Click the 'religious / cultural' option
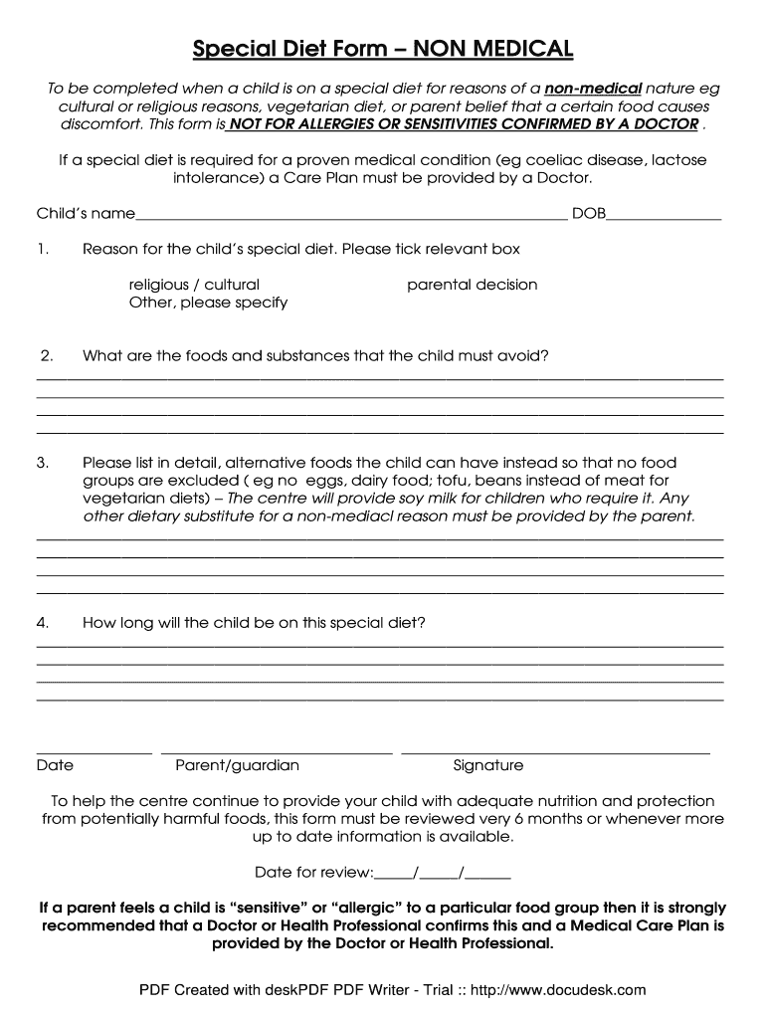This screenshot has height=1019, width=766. click(x=194, y=285)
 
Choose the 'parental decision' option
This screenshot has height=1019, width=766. click(x=472, y=285)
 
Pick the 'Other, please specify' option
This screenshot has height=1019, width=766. click(x=208, y=303)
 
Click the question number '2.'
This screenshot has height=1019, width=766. click(x=46, y=355)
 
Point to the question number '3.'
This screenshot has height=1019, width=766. click(x=43, y=463)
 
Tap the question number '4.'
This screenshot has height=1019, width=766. click(x=43, y=623)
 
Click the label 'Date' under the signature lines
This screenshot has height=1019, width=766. click(x=55, y=765)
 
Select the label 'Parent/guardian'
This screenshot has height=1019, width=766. click(x=237, y=765)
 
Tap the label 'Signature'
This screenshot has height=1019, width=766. click(x=487, y=765)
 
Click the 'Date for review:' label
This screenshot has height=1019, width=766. click(x=313, y=873)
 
